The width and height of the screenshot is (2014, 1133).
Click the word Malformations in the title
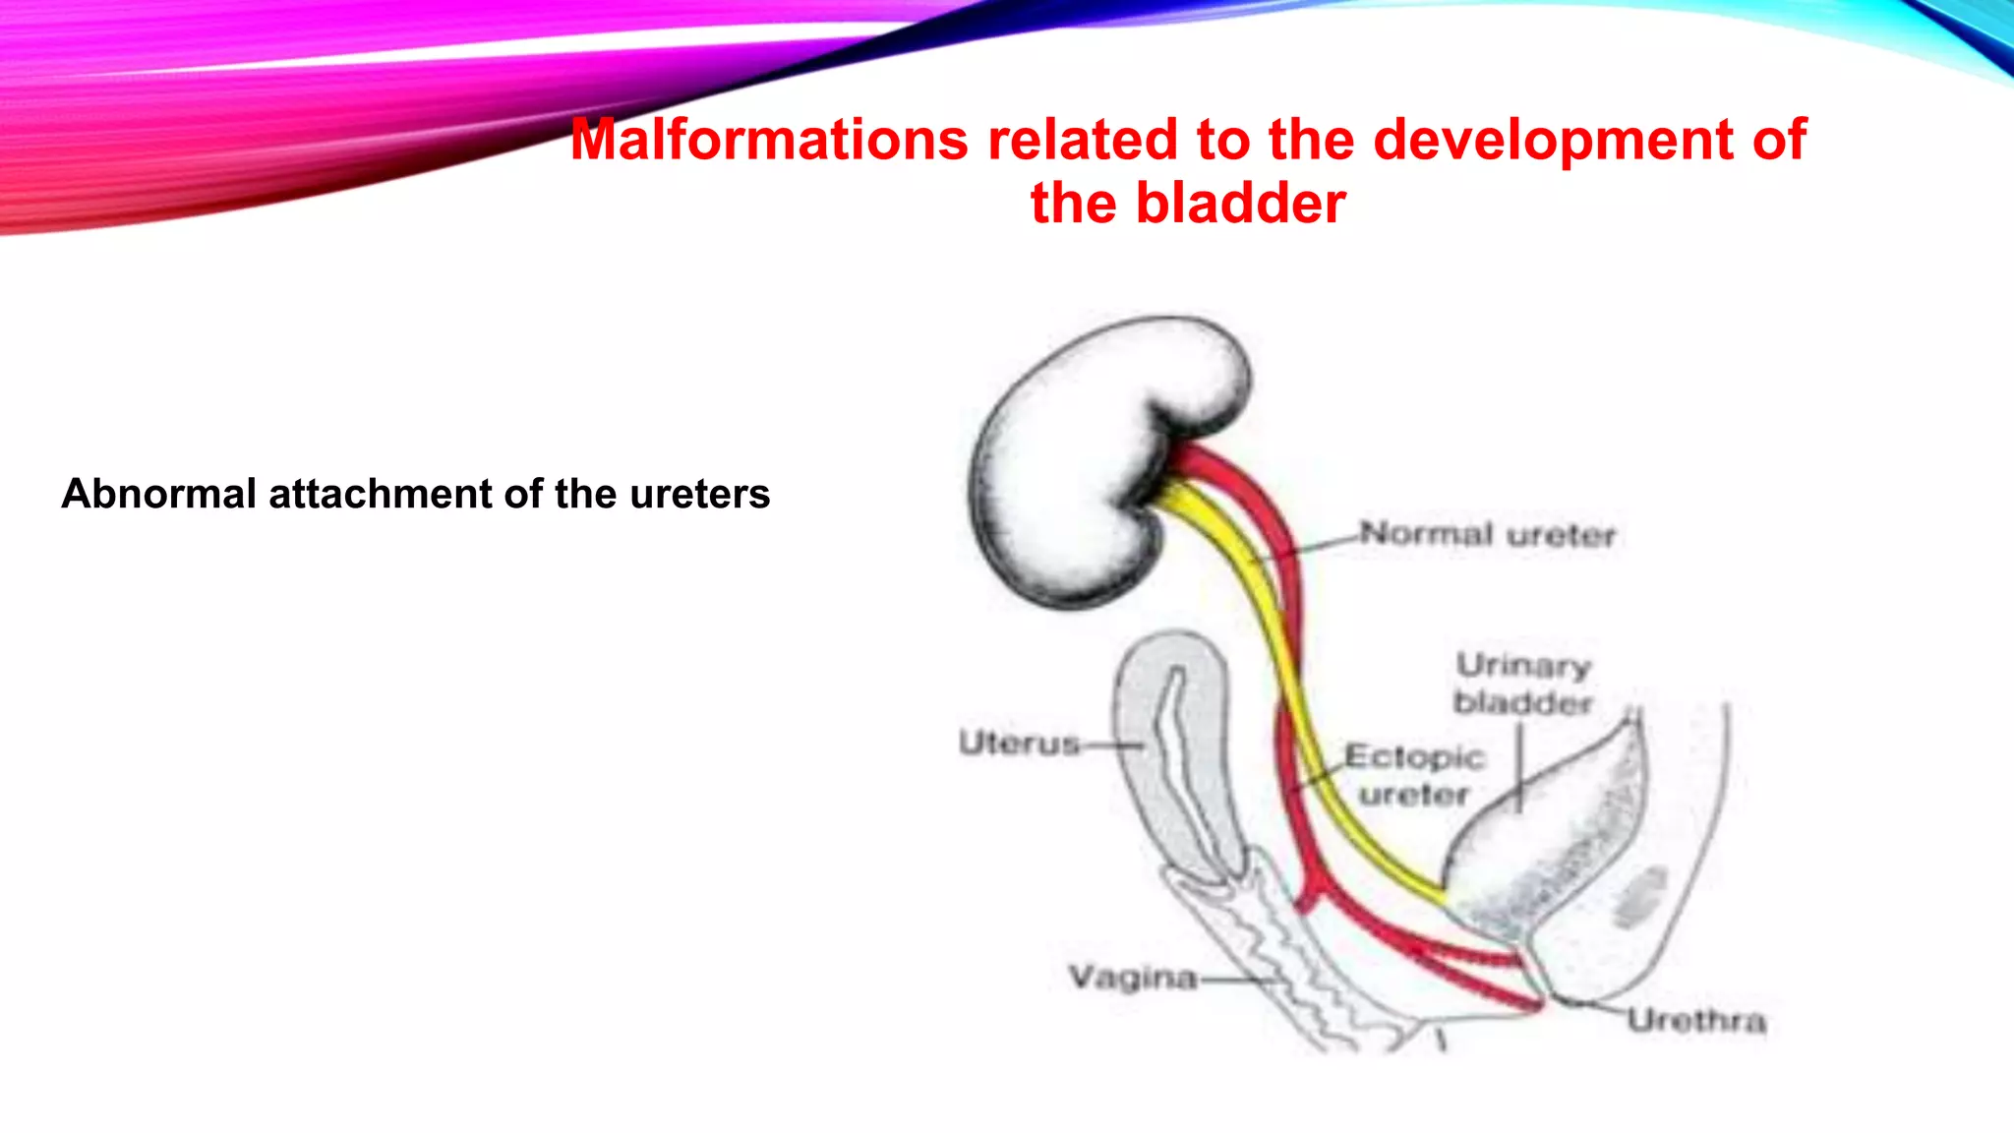(769, 140)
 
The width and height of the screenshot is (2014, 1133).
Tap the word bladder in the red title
(1240, 204)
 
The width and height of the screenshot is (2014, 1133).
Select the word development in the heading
(1552, 140)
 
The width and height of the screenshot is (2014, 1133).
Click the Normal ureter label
(1487, 535)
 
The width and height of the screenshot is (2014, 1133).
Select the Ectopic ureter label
(1413, 775)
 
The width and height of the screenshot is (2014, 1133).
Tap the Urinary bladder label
(1522, 684)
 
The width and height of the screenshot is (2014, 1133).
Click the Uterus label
(1019, 743)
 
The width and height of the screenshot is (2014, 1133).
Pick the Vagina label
(1133, 978)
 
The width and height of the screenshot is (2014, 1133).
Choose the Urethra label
(1696, 1021)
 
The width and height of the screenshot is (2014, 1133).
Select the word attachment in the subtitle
(382, 494)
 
